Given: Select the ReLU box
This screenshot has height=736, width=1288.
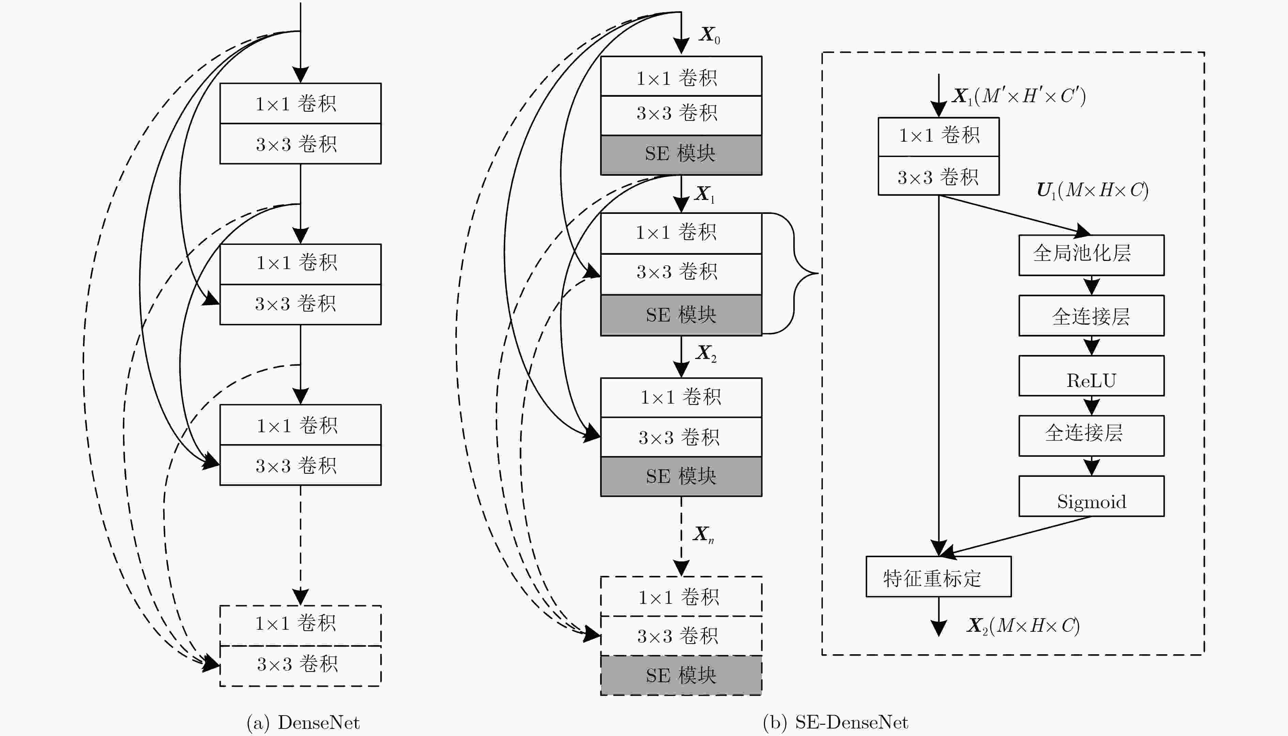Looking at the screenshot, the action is point(1091,376).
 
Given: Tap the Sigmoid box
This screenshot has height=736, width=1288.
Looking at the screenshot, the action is point(1091,496).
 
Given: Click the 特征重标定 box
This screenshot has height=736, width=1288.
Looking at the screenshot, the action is point(938,577).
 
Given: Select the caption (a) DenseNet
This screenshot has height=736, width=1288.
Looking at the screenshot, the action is point(303,723).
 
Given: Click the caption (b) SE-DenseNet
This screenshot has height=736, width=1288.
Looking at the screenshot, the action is point(835,723).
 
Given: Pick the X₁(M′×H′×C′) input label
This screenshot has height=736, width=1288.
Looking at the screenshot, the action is point(1018,96).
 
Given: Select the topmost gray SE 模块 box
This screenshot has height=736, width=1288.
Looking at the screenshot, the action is point(681,155).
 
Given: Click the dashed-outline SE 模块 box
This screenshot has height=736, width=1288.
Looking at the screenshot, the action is point(681,675).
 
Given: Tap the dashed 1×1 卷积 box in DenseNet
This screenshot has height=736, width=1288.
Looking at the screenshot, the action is point(301,625).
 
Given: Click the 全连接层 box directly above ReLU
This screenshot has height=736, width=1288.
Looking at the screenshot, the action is point(1091,315).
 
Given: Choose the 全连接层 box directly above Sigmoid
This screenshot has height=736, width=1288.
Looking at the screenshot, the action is point(1091,436).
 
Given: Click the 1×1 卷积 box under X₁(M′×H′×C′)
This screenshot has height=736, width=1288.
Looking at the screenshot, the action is point(938,137).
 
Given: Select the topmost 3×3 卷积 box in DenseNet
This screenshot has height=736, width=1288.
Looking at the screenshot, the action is point(301,144).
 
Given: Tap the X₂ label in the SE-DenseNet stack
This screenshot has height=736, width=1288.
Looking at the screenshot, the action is point(706,353).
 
